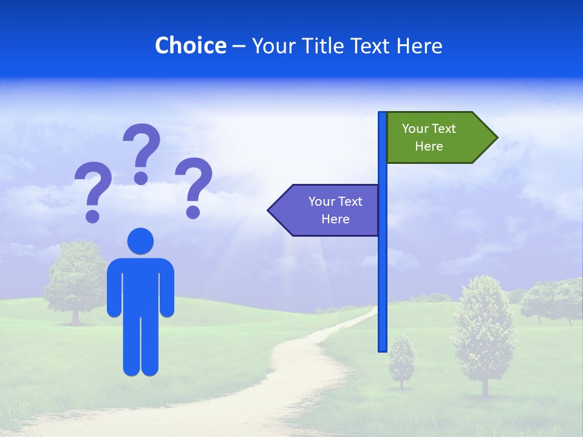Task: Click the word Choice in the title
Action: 190,46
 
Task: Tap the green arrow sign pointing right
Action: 437,138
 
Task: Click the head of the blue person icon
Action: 140,241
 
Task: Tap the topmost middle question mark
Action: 141,152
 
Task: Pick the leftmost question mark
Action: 93,189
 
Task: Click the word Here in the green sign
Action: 429,146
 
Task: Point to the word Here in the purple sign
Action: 335,219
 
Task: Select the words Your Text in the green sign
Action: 429,129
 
